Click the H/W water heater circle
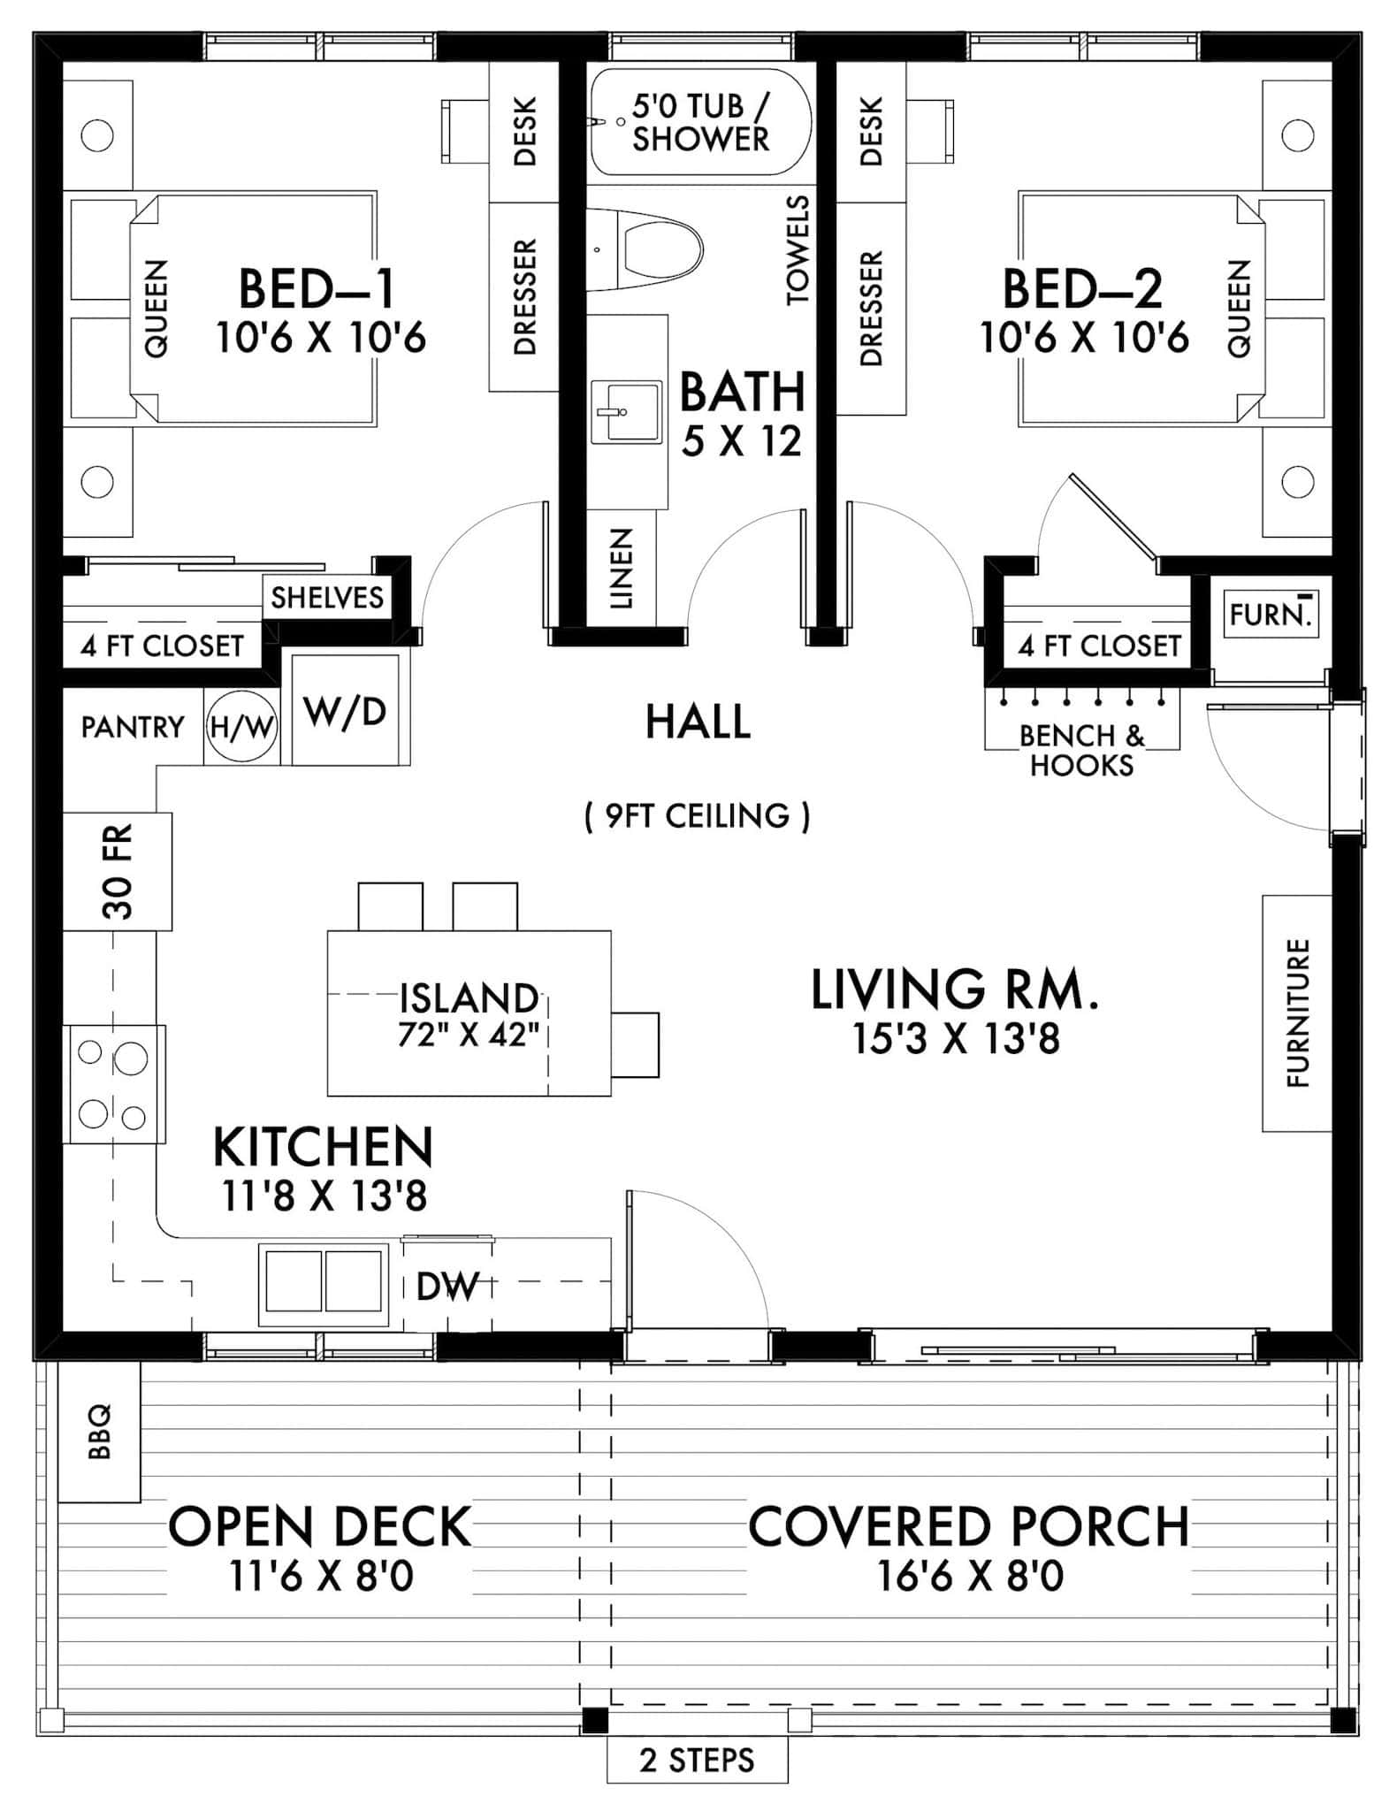(x=241, y=728)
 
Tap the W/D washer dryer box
(x=345, y=710)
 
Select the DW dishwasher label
(x=447, y=1287)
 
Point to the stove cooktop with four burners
(x=113, y=1084)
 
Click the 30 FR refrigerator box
(x=117, y=871)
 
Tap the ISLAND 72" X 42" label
(x=469, y=1014)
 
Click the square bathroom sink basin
(x=626, y=412)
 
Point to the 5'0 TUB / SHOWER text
(x=701, y=123)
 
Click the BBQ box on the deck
(x=99, y=1432)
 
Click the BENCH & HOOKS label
(x=1081, y=749)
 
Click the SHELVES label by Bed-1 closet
(x=327, y=598)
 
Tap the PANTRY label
(x=133, y=727)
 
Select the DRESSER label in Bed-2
(x=871, y=309)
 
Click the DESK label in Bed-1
(x=524, y=131)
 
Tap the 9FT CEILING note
(x=697, y=815)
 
